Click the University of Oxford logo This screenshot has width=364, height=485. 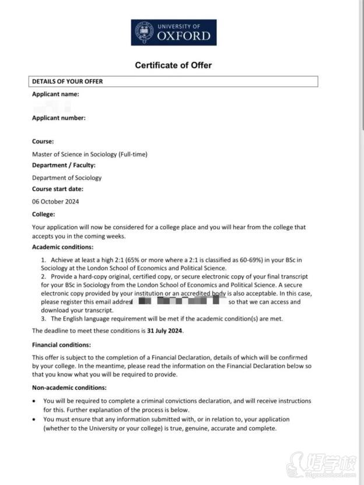[173, 33]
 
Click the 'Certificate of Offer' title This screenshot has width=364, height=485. [173, 65]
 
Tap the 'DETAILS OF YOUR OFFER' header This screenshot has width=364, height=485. [67, 82]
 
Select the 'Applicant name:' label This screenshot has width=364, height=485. [55, 94]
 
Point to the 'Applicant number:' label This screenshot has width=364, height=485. [58, 118]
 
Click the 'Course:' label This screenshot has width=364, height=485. [43, 141]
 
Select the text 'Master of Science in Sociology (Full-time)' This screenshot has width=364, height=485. [89, 154]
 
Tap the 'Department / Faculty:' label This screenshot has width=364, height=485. [64, 165]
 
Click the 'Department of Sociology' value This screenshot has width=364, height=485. [66, 178]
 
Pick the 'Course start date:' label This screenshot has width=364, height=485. [58, 189]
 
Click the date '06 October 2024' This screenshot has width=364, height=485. [55, 202]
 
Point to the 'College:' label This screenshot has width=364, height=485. [43, 215]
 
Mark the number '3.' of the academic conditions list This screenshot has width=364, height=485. [43, 319]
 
